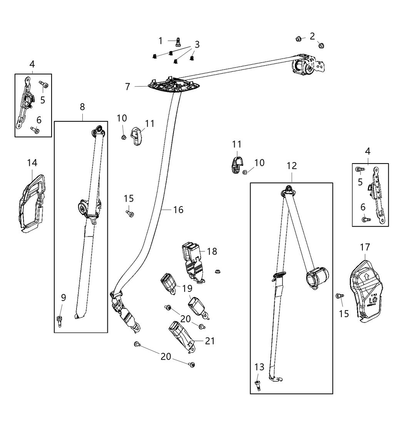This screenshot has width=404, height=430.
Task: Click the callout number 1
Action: coord(161,41)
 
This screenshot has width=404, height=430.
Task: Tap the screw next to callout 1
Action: coord(178,41)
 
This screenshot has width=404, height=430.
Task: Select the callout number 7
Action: coord(128,86)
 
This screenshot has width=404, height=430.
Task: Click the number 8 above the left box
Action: coord(82,107)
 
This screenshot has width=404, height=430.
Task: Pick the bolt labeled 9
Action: coord(60,320)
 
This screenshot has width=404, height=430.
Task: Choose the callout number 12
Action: coord(292,166)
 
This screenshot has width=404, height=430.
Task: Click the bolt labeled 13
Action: coord(258,385)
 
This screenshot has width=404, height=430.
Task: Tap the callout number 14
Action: coord(32,163)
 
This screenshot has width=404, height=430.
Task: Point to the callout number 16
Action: coord(178,210)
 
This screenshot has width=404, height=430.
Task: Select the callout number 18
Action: coord(212,251)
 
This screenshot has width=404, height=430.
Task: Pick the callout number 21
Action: coord(210,341)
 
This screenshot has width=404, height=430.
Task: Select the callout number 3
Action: coord(197,45)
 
